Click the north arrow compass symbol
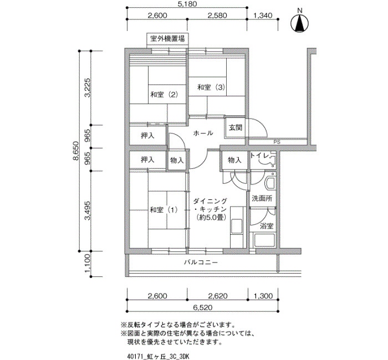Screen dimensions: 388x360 point(300,23)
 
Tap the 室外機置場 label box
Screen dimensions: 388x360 point(167,39)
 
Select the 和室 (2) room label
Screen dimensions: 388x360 point(164,95)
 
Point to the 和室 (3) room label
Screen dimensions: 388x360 point(211,88)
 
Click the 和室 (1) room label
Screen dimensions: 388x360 point(164,210)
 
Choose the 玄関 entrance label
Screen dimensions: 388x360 point(236,128)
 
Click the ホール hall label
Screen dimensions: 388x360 point(203,133)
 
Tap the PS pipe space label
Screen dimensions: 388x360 point(277,142)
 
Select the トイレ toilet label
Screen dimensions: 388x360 point(259,156)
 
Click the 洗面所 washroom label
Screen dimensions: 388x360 point(262,198)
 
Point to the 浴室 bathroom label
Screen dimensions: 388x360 point(267,226)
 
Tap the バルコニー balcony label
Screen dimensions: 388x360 point(201,262)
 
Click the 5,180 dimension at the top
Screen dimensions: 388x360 point(187,4)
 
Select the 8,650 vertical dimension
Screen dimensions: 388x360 point(76,151)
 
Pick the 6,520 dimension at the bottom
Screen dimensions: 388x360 point(202,307)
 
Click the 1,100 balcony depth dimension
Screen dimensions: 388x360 point(88,264)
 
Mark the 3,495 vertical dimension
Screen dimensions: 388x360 point(88,210)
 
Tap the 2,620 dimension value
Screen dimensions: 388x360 point(217,296)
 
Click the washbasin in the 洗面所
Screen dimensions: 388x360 point(270,182)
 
